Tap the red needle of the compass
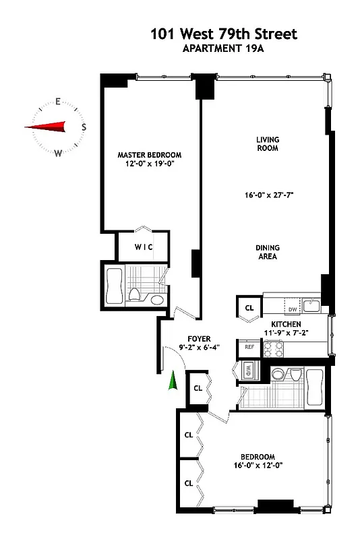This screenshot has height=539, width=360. pyautogui.click(x=47, y=126)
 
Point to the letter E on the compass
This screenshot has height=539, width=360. pyautogui.click(x=58, y=102)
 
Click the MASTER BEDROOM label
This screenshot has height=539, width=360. pyautogui.click(x=149, y=155)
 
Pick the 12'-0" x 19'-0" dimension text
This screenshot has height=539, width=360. pyautogui.click(x=149, y=164)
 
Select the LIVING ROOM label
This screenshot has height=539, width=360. pyautogui.click(x=267, y=144)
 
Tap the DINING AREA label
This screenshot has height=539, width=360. pyautogui.click(x=267, y=251)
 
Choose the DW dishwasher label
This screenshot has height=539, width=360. pyautogui.click(x=293, y=309)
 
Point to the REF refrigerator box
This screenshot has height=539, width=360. pyautogui.click(x=249, y=347)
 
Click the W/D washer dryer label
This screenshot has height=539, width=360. pyautogui.click(x=247, y=371)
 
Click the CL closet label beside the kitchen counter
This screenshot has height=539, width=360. pyautogui.click(x=249, y=308)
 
